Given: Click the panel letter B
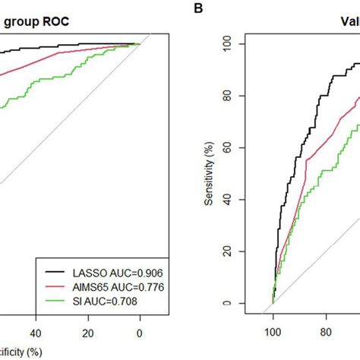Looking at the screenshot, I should [x=198, y=8].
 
